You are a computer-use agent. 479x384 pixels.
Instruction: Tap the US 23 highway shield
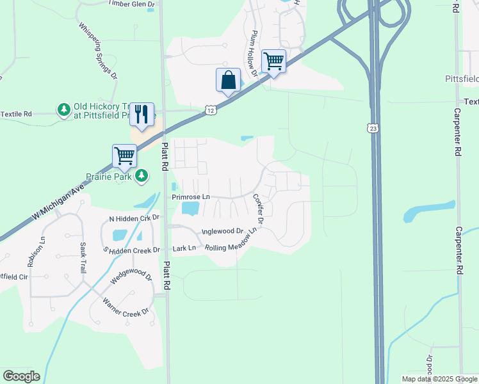pos(373,129)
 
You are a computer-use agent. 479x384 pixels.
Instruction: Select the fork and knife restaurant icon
pos(142,115)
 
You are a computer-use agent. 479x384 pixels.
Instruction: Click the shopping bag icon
pos(228,81)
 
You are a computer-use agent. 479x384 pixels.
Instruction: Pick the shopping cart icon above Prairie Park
pos(124,156)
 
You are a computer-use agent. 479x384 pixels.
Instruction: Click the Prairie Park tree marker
pos(142,175)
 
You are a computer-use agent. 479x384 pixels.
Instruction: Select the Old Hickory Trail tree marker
pos(64,109)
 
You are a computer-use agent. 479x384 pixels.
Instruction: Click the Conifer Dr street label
pos(258,210)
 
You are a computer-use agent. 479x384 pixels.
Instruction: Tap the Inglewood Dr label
pos(223,231)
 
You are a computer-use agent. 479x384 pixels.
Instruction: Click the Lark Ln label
pos(184,248)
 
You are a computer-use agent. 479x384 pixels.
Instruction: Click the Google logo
pos(21,376)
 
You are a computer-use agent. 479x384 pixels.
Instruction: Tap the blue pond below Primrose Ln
pos(190,209)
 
